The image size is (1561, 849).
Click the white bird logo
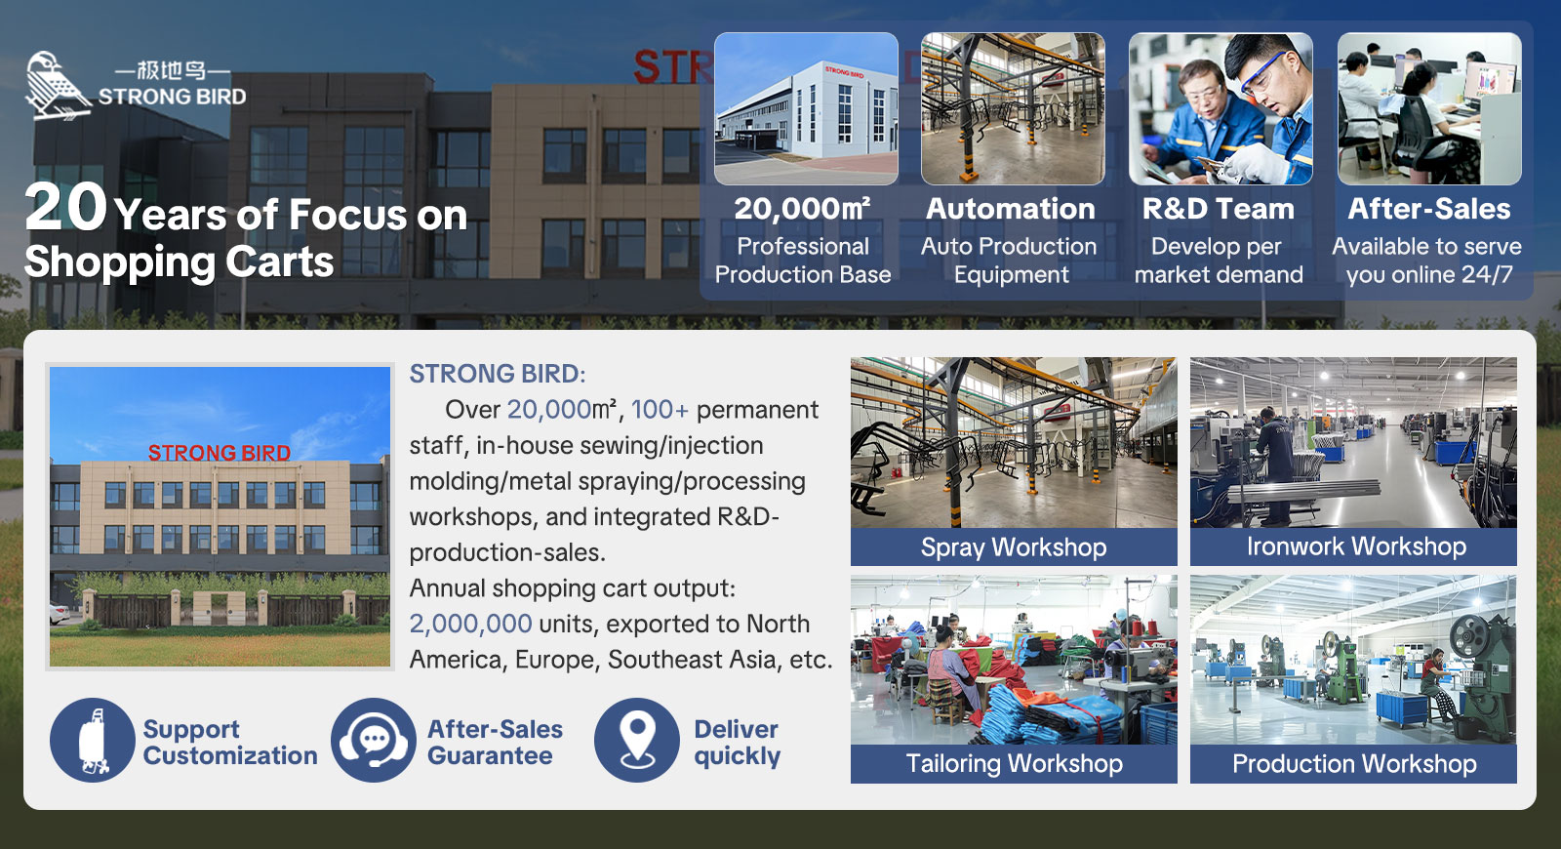tap(58, 86)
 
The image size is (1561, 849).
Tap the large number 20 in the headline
tap(65, 207)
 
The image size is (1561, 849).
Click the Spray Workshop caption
tap(1014, 547)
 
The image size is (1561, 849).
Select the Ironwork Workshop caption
tap(1356, 546)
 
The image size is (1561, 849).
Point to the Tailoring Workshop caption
tap(1014, 763)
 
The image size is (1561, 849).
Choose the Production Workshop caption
tap(1354, 763)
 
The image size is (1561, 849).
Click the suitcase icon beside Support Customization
tap(92, 740)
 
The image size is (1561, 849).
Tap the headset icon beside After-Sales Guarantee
tap(374, 740)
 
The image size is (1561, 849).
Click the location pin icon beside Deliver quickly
tap(637, 740)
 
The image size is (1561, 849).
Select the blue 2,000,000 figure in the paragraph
tap(470, 624)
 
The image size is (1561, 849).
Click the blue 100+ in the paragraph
tap(660, 409)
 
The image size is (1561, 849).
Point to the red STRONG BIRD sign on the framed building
tap(220, 453)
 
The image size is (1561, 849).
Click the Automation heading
tap(1011, 209)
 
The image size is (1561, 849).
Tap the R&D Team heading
tap(1219, 209)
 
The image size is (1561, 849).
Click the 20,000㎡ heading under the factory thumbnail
tap(802, 209)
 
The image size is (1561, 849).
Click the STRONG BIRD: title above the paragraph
tap(498, 374)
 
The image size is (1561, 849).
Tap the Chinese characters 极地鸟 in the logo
tap(172, 70)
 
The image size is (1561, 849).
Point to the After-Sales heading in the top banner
tap(1428, 209)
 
